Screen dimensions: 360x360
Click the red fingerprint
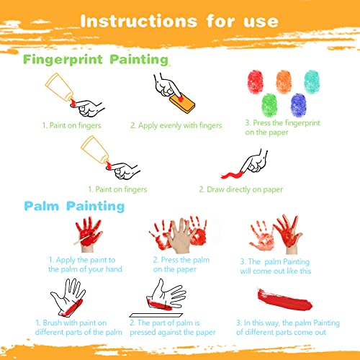pyautogui.click(x=256, y=81)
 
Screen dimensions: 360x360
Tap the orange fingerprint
pyautogui.click(x=284, y=81)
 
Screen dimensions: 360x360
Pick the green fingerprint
pyautogui.click(x=269, y=105)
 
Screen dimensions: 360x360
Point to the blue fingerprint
pyautogui.click(x=298, y=105)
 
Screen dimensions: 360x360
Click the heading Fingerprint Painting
pyautogui.click(x=96, y=60)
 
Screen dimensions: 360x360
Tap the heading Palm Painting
pyautogui.click(x=74, y=206)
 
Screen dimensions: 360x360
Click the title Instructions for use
pyautogui.click(x=179, y=21)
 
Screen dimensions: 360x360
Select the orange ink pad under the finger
pyautogui.click(x=182, y=103)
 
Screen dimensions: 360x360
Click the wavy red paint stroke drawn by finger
pyautogui.click(x=231, y=175)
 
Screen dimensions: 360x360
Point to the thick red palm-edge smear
pyautogui.click(x=284, y=300)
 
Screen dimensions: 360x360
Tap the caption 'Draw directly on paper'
pyautogui.click(x=241, y=189)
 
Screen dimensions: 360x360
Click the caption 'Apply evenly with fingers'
pyautogui.click(x=176, y=125)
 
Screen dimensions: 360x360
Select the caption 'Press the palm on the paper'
pyautogui.click(x=181, y=264)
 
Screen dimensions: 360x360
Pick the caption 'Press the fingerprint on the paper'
pyautogui.click(x=282, y=127)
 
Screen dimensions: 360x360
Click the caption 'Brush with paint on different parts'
pyautogui.click(x=78, y=328)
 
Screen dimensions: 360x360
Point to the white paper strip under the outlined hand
pyautogui.click(x=156, y=315)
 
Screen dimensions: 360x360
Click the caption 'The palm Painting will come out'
pyautogui.click(x=276, y=266)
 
